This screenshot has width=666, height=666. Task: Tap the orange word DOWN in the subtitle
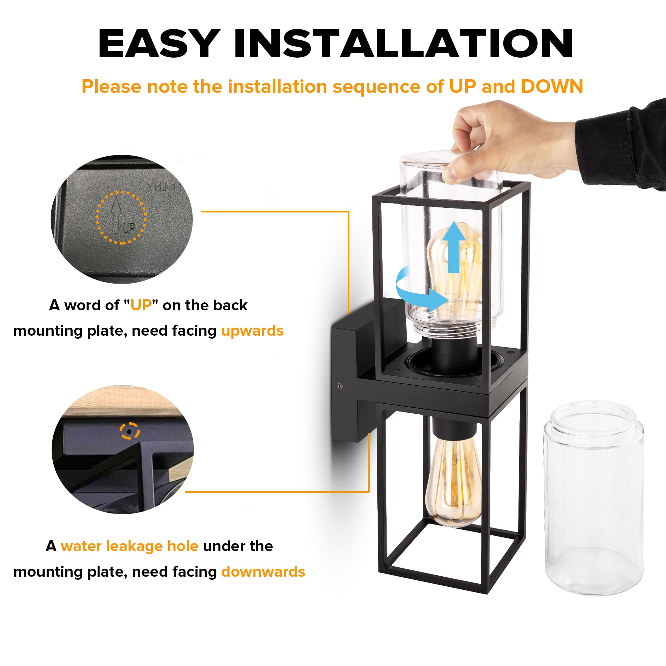(551, 87)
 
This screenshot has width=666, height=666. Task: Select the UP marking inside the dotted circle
(128, 227)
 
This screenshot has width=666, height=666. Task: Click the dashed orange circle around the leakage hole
(130, 431)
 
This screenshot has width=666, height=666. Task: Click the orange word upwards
(252, 331)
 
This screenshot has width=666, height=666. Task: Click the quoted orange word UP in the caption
(141, 305)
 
